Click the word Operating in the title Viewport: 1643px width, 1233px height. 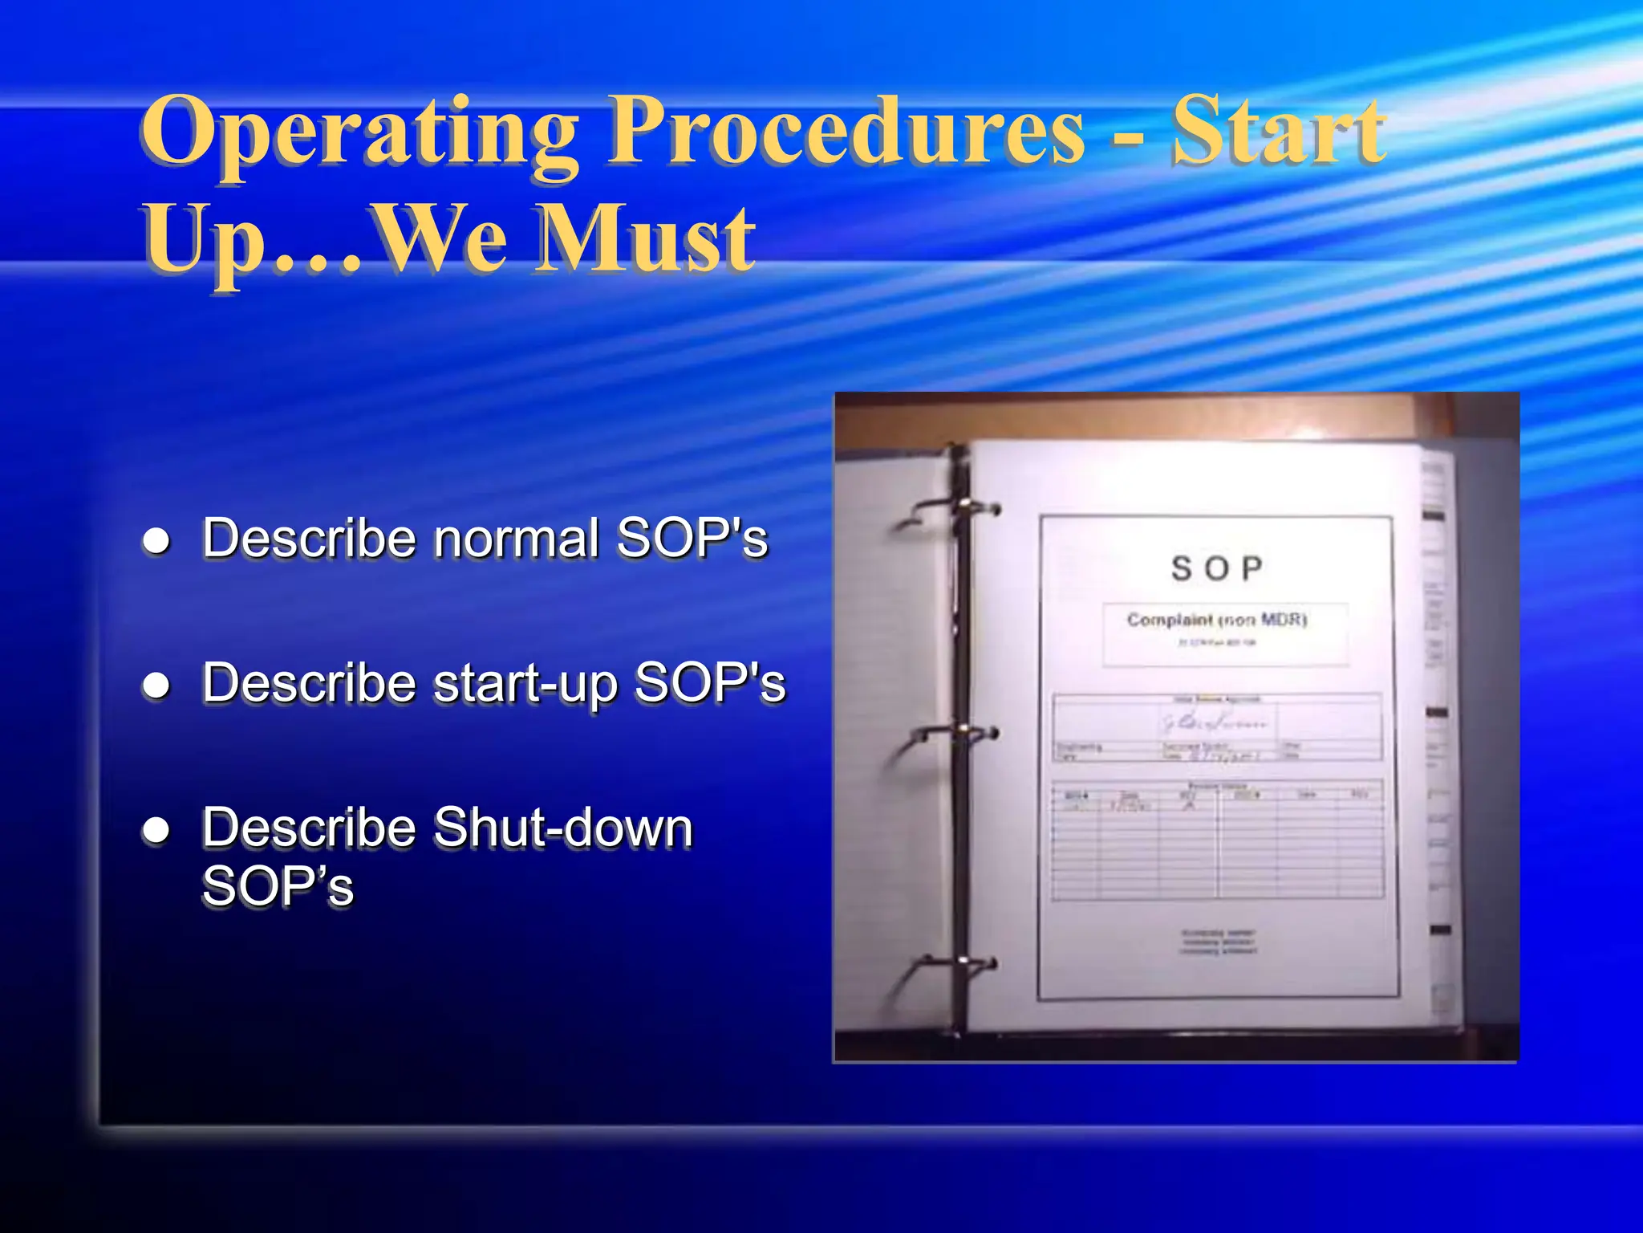pos(359,132)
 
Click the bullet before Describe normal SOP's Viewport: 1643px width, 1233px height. pos(156,541)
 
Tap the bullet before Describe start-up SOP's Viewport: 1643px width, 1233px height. pos(156,686)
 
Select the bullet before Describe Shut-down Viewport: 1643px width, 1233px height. pos(156,830)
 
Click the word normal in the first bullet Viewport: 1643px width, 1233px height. pos(517,538)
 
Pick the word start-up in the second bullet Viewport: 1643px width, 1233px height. pos(525,684)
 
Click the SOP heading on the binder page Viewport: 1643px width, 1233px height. pos(1217,568)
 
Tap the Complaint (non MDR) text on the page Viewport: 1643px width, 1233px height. pos(1217,620)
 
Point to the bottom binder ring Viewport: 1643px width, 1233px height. pos(959,963)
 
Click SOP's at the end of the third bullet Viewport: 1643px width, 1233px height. pos(278,888)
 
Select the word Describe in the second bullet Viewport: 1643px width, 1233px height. pos(309,684)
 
